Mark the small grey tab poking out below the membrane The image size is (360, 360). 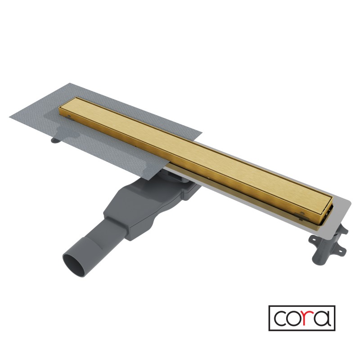pyautogui.click(x=55, y=140)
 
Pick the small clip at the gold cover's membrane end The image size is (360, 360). pyautogui.click(x=68, y=116)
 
